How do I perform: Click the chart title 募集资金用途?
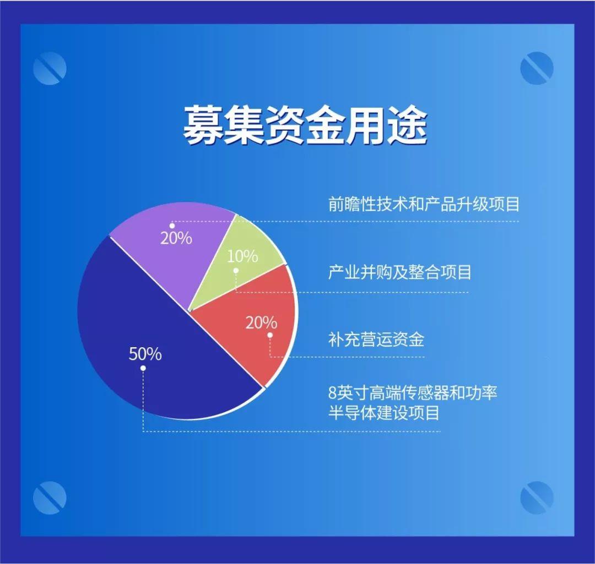[x=305, y=125]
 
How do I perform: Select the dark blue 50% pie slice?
[x=152, y=341]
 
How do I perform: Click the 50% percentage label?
[x=145, y=354]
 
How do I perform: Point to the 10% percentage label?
[x=242, y=256]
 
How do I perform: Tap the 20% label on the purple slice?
[x=176, y=238]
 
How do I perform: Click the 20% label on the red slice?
[x=261, y=322]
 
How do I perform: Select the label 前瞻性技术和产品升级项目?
[x=424, y=204]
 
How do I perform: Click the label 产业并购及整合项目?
[x=399, y=272]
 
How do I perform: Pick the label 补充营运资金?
[x=376, y=340]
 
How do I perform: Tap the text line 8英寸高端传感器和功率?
[x=413, y=393]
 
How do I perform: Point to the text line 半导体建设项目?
[x=383, y=412]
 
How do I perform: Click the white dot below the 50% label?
[x=143, y=368]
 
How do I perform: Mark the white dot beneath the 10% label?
[x=236, y=270]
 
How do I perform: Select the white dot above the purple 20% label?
[x=172, y=226]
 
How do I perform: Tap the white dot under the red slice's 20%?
[x=270, y=335]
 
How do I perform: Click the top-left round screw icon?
[x=50, y=68]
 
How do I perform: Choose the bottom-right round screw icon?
[x=537, y=497]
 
